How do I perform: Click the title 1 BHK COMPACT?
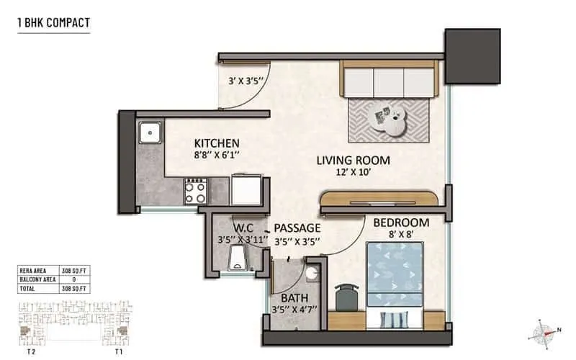[x=54, y=23]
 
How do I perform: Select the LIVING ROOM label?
[x=353, y=160]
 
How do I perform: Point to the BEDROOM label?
[x=401, y=222]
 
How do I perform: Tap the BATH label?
[x=295, y=298]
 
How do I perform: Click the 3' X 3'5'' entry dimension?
[x=244, y=81]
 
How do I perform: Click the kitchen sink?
[x=150, y=132]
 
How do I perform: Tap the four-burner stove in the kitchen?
[x=195, y=191]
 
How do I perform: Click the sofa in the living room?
[x=390, y=80]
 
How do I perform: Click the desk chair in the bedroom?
[x=346, y=296]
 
